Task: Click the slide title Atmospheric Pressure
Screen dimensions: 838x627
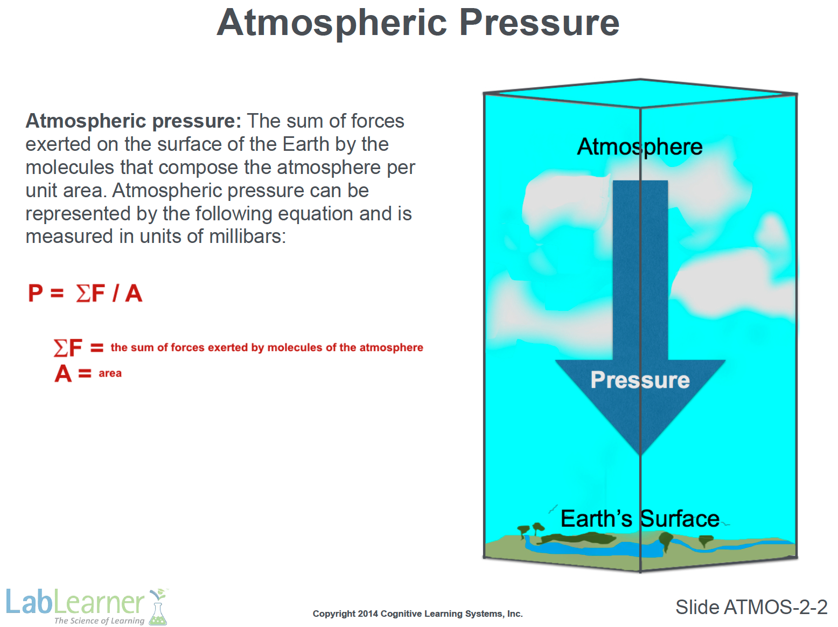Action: pyautogui.click(x=418, y=24)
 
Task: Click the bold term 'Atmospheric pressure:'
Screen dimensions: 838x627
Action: pyautogui.click(x=133, y=121)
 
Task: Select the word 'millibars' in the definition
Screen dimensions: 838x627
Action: pyautogui.click(x=247, y=236)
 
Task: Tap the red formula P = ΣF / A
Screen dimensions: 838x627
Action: pyautogui.click(x=85, y=293)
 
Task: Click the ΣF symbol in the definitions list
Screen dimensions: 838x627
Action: pyautogui.click(x=67, y=348)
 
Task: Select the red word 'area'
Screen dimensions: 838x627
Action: pyautogui.click(x=110, y=373)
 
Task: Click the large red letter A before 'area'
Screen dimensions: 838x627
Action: pyautogui.click(x=63, y=373)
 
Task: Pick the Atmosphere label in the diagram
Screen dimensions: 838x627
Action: pyautogui.click(x=639, y=148)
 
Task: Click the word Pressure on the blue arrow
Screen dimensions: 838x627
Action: pyautogui.click(x=640, y=380)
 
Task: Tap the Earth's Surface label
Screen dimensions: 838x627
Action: pyautogui.click(x=640, y=519)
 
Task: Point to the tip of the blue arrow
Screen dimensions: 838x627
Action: pyautogui.click(x=641, y=455)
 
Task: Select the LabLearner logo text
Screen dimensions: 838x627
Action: pyautogui.click(x=75, y=602)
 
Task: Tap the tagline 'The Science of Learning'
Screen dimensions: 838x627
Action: pyautogui.click(x=99, y=621)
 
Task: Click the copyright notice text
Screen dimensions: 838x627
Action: pyautogui.click(x=418, y=614)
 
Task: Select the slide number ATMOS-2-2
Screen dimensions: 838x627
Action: pyautogui.click(x=776, y=607)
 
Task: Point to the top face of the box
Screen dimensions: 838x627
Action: pyautogui.click(x=640, y=93)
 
